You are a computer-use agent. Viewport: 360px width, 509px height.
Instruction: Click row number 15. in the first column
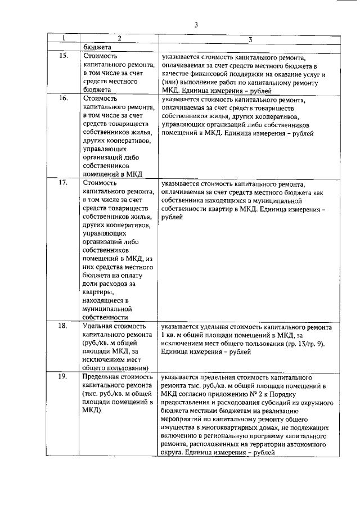64,56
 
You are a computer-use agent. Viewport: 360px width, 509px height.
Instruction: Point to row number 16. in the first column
64,98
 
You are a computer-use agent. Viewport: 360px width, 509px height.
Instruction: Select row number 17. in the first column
64,182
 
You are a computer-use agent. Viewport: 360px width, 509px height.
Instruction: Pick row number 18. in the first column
64,326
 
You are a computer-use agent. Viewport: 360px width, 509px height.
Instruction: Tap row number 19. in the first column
64,376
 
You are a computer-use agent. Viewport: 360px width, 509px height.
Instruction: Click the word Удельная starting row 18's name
98,326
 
